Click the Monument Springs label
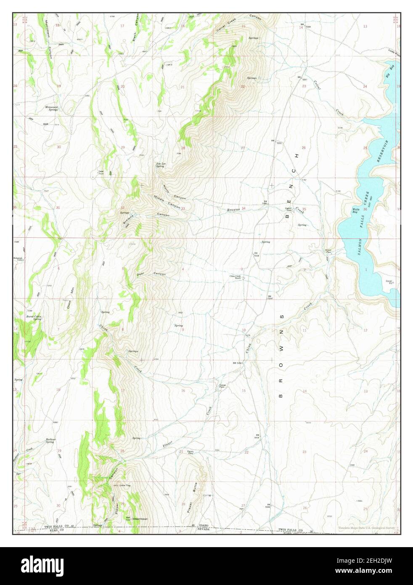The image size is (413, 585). point(52,108)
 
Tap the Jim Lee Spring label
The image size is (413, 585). point(160,165)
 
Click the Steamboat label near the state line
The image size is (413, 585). point(140,519)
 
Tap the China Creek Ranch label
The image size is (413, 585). point(235,277)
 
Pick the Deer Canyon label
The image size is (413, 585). point(151,274)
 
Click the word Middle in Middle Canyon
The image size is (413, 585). point(159,198)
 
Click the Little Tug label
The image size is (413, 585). point(125,486)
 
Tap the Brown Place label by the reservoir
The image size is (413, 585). point(328,251)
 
